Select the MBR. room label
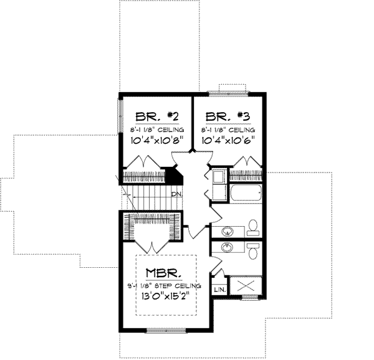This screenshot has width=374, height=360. coord(165,273)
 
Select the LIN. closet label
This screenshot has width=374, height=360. coord(219,290)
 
